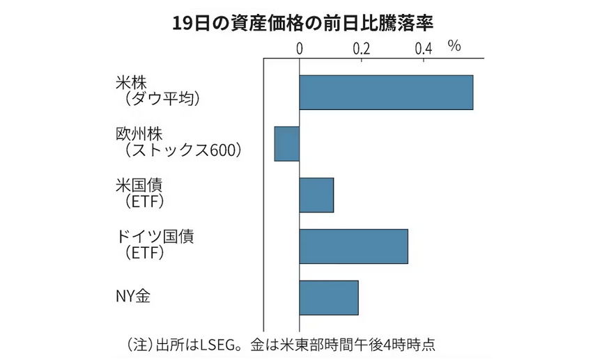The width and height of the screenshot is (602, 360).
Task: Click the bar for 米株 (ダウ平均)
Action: click(x=386, y=92)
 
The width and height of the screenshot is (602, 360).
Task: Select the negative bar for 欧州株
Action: click(x=287, y=143)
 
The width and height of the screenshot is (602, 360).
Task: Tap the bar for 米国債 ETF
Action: click(x=316, y=195)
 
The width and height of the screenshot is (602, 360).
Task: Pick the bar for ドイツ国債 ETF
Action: click(x=353, y=246)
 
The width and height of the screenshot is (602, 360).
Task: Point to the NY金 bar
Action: click(x=329, y=298)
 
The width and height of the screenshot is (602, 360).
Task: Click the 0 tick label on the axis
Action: click(x=300, y=48)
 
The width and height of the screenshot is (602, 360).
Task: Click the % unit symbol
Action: click(x=455, y=47)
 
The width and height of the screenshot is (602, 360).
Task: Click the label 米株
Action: click(x=130, y=82)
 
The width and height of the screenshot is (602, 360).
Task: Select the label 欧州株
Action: click(x=139, y=134)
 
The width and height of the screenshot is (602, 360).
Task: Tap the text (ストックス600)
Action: click(x=179, y=150)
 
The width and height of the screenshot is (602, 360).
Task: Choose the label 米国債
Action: click(x=139, y=185)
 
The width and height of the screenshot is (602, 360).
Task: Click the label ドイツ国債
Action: click(x=155, y=236)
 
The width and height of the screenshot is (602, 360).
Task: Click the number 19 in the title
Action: click(x=183, y=23)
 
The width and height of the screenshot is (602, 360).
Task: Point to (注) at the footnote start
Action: click(x=138, y=345)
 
